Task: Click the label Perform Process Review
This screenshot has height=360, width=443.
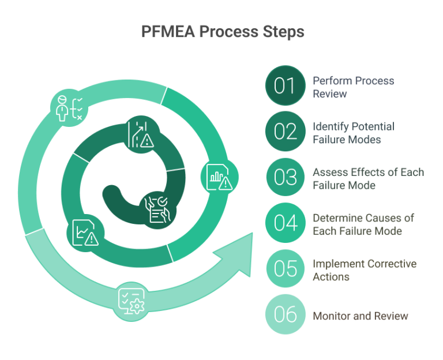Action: coord(353,86)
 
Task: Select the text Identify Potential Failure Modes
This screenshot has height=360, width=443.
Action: coord(353,132)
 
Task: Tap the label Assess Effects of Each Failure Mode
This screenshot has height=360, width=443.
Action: coord(368,178)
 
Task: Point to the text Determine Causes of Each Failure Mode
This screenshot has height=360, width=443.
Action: coord(363,223)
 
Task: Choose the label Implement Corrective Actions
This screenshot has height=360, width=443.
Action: coord(364,269)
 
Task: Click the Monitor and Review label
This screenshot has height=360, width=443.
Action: coord(360,316)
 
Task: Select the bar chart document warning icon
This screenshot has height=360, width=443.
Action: coord(217,178)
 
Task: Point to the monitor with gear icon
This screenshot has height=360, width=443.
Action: coord(131,300)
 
